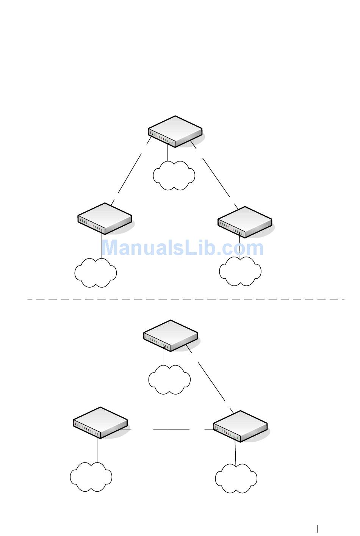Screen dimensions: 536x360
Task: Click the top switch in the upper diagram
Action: pyautogui.click(x=175, y=131)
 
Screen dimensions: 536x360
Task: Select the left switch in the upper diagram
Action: pyautogui.click(x=105, y=218)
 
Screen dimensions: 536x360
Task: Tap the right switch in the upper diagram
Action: pyautogui.click(x=245, y=222)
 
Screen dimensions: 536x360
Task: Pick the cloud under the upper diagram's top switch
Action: pyautogui.click(x=174, y=175)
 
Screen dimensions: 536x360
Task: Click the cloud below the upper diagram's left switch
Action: pyautogui.click(x=95, y=273)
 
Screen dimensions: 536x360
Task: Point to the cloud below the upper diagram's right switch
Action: pyautogui.click(x=240, y=271)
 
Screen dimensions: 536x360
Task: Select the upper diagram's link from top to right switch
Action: pyautogui.click(x=216, y=177)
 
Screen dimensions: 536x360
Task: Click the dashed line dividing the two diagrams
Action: pyautogui.click(x=186, y=299)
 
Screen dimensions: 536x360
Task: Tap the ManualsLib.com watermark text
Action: pyautogui.click(x=183, y=248)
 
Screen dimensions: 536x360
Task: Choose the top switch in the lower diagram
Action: pyautogui.click(x=171, y=335)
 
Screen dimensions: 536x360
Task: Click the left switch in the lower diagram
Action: pyautogui.click(x=100, y=423)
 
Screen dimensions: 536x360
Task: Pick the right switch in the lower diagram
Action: pyautogui.click(x=240, y=426)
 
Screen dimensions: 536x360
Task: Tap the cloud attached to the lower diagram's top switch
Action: pyautogui.click(x=169, y=379)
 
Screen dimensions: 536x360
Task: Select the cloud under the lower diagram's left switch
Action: pyautogui.click(x=91, y=477)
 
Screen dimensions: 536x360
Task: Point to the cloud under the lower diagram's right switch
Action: pyautogui.click(x=236, y=478)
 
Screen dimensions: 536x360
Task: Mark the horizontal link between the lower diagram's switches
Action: pyautogui.click(x=171, y=429)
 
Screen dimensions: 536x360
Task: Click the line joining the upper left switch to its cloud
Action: pyautogui.click(x=102, y=246)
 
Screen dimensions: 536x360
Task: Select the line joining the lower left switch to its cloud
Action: pyautogui.click(x=97, y=450)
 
